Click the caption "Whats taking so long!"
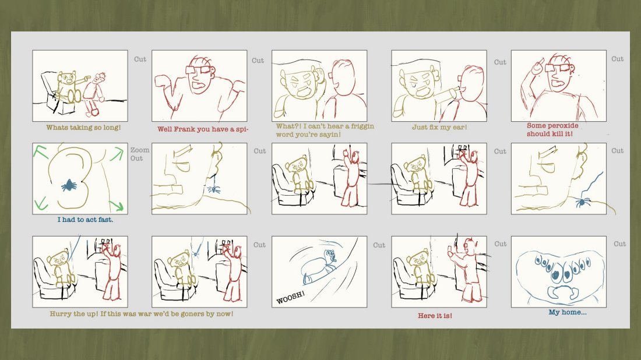click(x=83, y=128)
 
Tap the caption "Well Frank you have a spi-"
click(x=203, y=129)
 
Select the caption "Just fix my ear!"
click(x=439, y=127)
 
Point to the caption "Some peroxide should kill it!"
click(x=552, y=129)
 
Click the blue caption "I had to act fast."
click(x=85, y=220)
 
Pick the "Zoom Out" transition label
click(x=140, y=154)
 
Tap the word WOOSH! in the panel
click(x=290, y=298)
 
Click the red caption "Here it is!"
click(x=435, y=316)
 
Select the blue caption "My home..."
click(x=568, y=312)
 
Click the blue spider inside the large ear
click(x=69, y=185)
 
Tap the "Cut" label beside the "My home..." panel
click(x=620, y=244)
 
